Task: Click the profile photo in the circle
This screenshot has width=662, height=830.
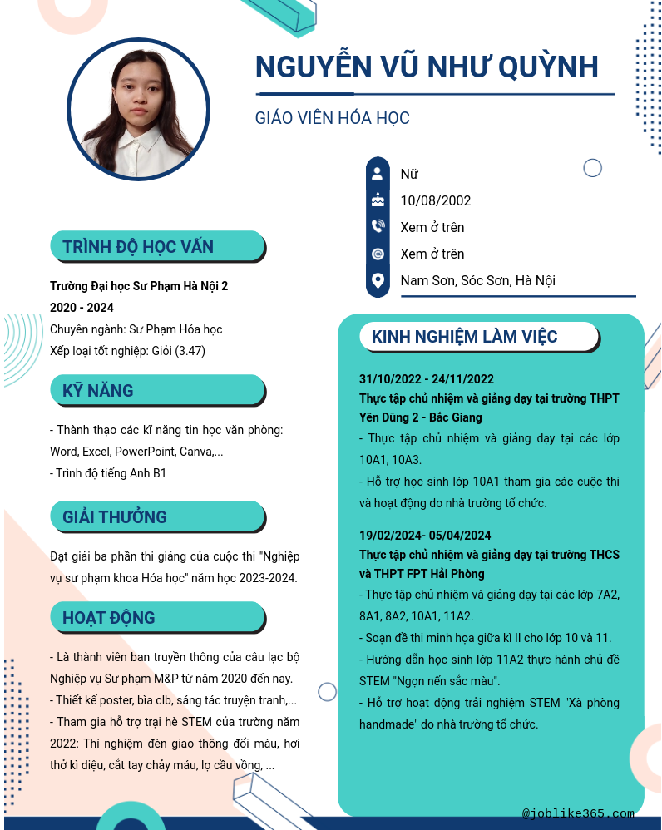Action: click(138, 110)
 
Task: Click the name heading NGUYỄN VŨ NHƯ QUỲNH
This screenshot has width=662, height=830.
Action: click(427, 67)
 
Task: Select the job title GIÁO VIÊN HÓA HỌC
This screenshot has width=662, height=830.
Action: click(332, 118)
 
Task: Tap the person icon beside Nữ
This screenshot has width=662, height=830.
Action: click(378, 174)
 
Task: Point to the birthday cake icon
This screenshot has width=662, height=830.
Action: click(378, 200)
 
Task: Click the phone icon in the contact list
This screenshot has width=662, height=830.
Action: click(378, 227)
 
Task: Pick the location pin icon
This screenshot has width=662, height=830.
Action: click(378, 280)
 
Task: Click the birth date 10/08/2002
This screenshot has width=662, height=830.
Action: click(436, 200)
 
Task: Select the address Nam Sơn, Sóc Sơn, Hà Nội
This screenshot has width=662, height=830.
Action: click(477, 280)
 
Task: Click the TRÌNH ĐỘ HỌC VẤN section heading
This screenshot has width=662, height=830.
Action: click(138, 246)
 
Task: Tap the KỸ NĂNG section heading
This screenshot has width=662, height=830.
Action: click(97, 390)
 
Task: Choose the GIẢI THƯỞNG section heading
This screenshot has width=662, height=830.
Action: click(115, 516)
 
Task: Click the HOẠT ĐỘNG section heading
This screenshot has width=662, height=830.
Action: click(108, 618)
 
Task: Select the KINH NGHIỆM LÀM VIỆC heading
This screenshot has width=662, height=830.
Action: click(464, 337)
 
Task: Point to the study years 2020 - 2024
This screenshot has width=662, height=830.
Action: click(82, 308)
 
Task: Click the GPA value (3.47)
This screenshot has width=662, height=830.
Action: click(190, 351)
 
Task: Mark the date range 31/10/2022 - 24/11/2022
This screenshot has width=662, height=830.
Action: click(427, 379)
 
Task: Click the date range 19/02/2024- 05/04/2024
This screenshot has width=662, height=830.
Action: click(425, 536)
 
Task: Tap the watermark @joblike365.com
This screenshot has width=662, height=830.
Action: click(578, 813)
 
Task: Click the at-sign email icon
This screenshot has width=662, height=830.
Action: click(378, 254)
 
